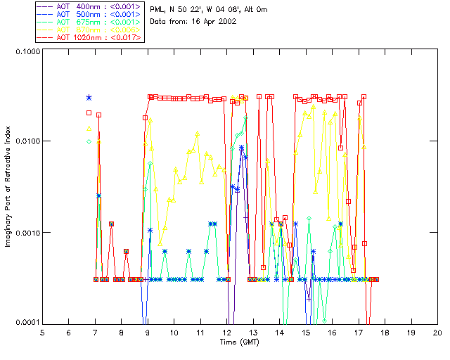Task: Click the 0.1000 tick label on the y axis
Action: pos(25,52)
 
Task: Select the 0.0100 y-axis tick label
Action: pos(25,141)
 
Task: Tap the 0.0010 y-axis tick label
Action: pos(25,232)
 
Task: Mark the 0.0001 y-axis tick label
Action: pos(25,322)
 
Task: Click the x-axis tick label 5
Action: pos(42,333)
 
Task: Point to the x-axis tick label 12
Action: pos(227,333)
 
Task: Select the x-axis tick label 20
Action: pos(437,333)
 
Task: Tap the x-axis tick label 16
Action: pos(332,333)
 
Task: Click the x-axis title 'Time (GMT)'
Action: pos(240,342)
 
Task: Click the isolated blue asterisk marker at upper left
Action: pos(89,98)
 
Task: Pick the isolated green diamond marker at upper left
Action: pos(89,141)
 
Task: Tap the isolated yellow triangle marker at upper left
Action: pos(89,128)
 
